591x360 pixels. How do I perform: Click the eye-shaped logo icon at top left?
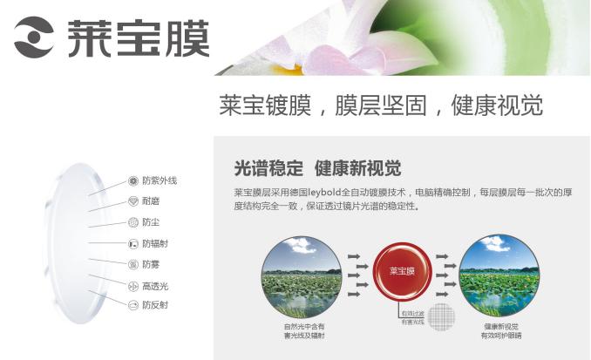click(x=36, y=38)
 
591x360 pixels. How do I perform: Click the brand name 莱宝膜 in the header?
click(x=138, y=38)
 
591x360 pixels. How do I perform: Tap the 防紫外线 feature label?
click(x=160, y=180)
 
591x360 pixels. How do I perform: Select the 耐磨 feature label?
click(x=151, y=201)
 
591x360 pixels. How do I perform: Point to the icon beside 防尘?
click(x=133, y=222)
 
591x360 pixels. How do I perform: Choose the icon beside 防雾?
click(x=133, y=263)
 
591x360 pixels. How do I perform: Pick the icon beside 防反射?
click(x=133, y=305)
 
